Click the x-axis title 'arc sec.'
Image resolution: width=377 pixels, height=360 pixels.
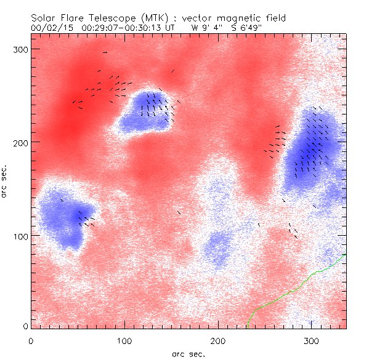(188, 353)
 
